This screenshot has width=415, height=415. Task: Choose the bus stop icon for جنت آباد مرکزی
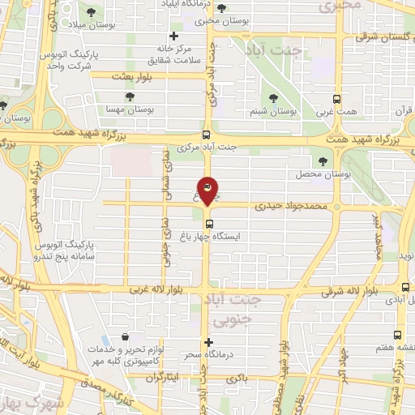[207, 135]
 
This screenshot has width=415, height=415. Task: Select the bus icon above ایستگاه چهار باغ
[209, 224]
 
